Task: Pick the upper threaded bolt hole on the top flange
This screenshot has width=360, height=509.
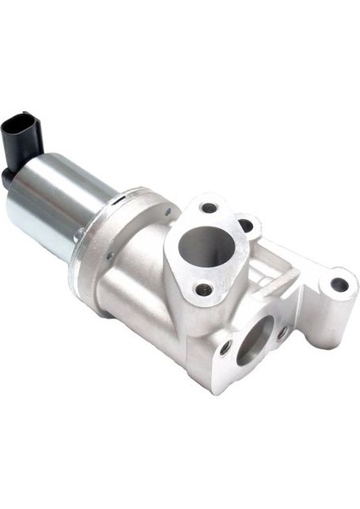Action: coord(209,208)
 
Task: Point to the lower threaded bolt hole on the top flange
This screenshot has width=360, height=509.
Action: coord(202,288)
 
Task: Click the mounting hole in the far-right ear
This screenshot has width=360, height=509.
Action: coord(338,284)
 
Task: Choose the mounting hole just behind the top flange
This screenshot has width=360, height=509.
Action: coord(245,226)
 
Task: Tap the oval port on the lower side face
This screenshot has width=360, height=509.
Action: coord(254,339)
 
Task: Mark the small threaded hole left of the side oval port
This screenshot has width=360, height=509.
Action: coord(225,348)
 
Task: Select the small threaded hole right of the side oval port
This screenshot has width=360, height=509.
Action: coord(282,333)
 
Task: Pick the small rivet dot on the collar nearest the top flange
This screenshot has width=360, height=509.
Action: coord(167,212)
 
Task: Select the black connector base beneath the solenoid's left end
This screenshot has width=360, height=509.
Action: coord(10,179)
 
